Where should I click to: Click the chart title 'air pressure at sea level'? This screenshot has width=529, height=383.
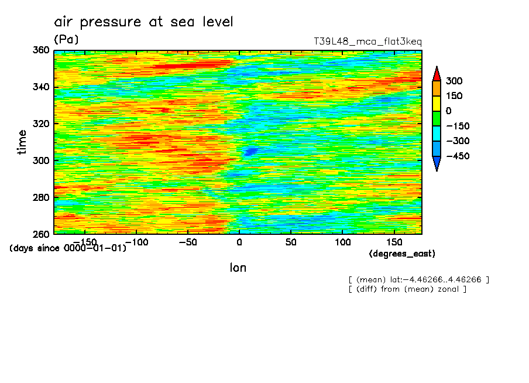pos(144,22)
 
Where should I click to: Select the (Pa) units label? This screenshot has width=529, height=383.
pos(66,40)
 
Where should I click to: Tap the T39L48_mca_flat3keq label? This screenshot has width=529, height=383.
pos(367,42)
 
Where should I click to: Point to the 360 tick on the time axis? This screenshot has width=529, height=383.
pos(41,50)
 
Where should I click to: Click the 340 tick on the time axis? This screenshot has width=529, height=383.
pos(41,87)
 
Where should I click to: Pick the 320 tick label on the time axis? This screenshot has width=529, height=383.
pos(41,124)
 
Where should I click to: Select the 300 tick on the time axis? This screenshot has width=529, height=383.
pos(41,160)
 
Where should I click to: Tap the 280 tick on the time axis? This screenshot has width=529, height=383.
pos(41,197)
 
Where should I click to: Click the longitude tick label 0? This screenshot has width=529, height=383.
pos(239,242)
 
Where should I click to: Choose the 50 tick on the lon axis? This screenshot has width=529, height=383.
pos(290,242)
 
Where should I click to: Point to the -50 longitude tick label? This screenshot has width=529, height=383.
pos(187,242)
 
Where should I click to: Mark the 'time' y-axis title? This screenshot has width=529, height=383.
pos(22,142)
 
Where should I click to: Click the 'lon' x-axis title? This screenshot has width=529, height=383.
pos(238,268)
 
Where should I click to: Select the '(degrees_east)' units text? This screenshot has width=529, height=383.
pos(402,254)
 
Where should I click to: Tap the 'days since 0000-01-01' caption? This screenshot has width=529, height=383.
pos(68,248)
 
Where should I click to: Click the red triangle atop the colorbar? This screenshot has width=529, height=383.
pos(437,74)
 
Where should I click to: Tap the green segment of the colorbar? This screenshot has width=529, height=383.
pos(437,118)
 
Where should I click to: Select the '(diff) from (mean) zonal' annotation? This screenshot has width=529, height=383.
pos(407,289)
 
